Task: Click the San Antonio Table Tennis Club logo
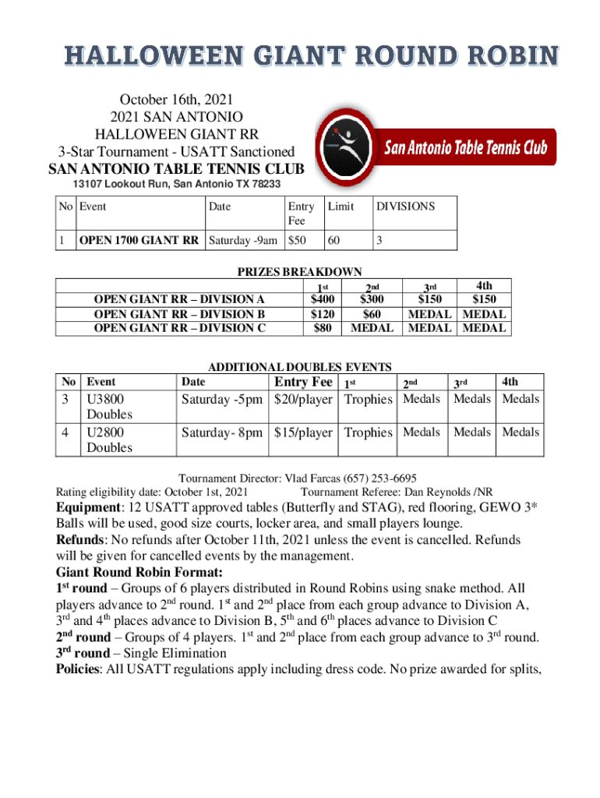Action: point(433,147)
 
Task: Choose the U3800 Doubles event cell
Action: point(109,407)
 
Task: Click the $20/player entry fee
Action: point(305,400)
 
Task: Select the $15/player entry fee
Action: point(305,433)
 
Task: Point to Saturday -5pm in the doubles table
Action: point(222,400)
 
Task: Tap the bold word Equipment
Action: point(86,508)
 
